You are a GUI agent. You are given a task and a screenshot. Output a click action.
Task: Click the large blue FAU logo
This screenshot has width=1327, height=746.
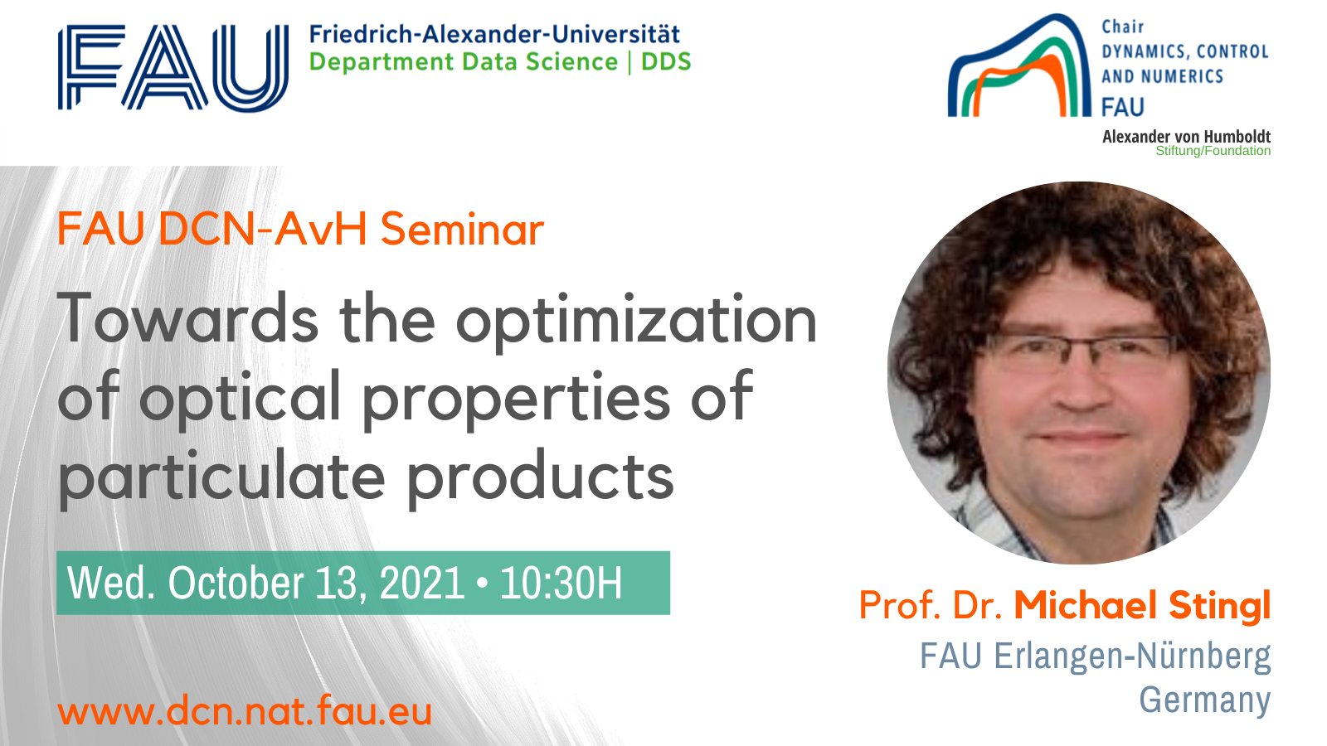point(173,67)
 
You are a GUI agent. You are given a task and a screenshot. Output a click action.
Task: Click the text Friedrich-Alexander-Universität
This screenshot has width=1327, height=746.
point(494,34)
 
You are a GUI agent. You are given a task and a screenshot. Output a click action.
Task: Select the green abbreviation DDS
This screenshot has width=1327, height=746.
point(667,62)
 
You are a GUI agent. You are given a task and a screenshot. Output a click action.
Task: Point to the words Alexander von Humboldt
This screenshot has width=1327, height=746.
point(1186,137)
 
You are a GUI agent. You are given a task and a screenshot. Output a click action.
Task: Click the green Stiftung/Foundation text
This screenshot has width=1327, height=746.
point(1213,151)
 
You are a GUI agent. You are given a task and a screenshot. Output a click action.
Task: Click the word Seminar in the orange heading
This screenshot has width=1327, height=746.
point(462,229)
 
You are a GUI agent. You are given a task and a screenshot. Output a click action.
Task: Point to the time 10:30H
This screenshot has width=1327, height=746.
point(561,584)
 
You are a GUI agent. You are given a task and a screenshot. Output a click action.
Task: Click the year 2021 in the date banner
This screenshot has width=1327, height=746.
point(422,584)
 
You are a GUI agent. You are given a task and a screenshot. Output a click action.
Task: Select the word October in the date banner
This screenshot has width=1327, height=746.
point(236,584)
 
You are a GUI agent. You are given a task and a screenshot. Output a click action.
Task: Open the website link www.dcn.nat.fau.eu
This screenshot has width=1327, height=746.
point(245,711)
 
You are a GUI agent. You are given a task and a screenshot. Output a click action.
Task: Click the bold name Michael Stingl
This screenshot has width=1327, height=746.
point(1143,606)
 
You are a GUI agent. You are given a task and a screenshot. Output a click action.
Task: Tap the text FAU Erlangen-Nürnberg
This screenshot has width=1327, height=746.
point(1096,656)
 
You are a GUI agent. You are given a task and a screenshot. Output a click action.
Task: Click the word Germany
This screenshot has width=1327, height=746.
point(1205,700)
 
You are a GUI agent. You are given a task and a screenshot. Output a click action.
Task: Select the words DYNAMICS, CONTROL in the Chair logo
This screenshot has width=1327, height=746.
point(1185,51)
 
